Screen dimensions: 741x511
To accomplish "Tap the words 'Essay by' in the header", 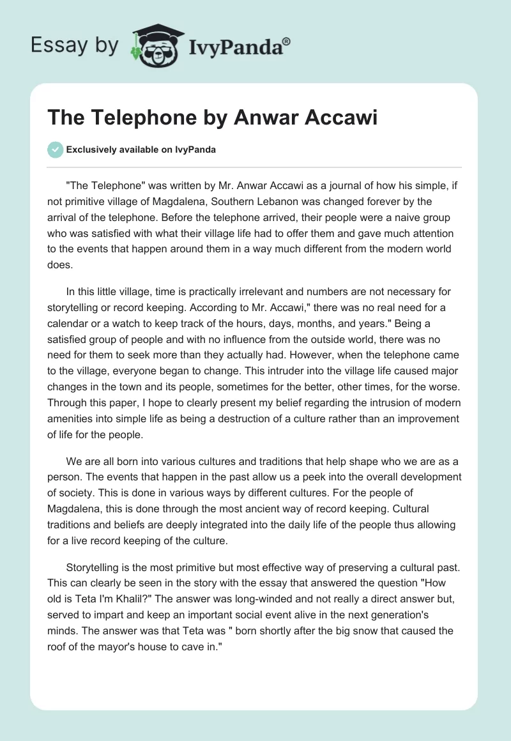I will [75, 45].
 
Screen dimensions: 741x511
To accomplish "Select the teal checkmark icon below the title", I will [55, 149].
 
